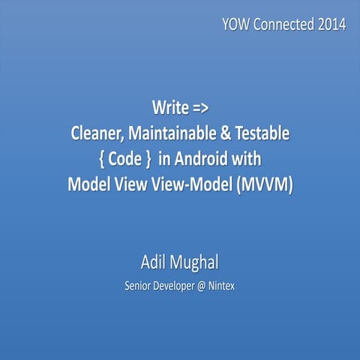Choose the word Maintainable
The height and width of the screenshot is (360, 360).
(178, 136)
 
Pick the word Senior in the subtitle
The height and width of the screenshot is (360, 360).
(140, 286)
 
